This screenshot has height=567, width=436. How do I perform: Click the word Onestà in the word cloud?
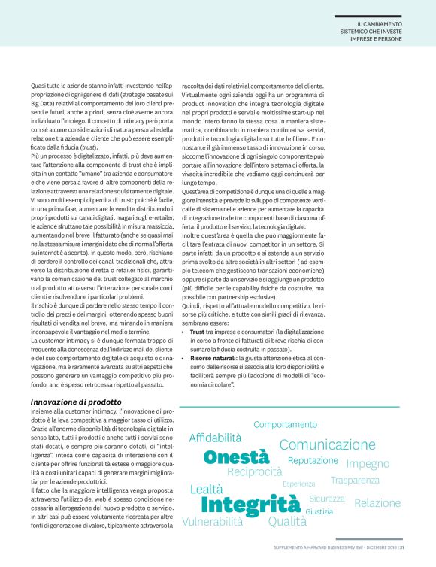click(236, 456)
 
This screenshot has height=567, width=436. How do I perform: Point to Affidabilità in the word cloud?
click(215, 438)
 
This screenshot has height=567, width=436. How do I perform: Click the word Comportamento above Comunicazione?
click(285, 424)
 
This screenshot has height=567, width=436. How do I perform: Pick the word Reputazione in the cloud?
click(313, 460)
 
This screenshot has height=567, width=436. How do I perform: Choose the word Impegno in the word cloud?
click(368, 464)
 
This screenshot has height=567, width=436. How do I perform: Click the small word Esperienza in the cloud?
click(298, 484)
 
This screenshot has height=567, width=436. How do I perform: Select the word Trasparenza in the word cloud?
click(355, 481)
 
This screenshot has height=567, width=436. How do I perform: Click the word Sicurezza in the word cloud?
click(326, 499)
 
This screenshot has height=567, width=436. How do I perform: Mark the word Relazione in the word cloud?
click(377, 502)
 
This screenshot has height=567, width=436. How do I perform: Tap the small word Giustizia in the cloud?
click(319, 511)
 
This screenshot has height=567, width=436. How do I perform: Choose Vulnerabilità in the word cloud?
click(212, 521)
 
